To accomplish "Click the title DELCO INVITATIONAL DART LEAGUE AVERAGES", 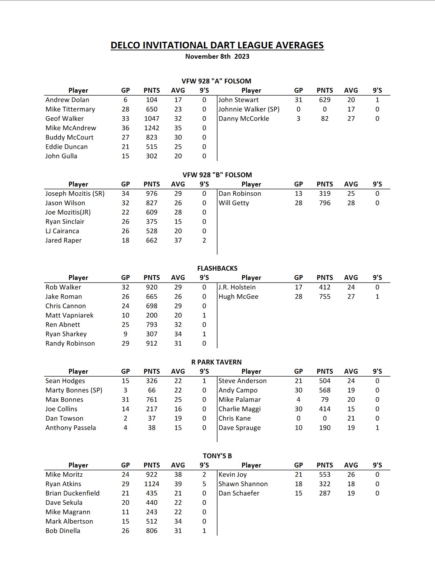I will pyautogui.click(x=217, y=45).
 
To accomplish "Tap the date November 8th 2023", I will pyautogui.click(x=217, y=56).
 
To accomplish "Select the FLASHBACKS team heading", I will pyautogui.click(x=217, y=268).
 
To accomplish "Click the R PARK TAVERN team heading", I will pyautogui.click(x=216, y=362).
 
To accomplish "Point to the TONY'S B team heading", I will pyautogui.click(x=217, y=456).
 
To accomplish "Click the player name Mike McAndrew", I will pyautogui.click(x=71, y=128).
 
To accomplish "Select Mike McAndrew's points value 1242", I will pyautogui.click(x=152, y=128).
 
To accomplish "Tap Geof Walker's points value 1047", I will pyautogui.click(x=152, y=119).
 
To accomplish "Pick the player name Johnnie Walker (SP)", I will pyautogui.click(x=249, y=109).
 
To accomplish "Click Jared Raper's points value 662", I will pyautogui.click(x=152, y=240).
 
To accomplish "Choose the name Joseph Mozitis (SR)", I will pyautogui.click(x=75, y=193).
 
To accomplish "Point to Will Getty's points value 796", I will pyautogui.click(x=325, y=203).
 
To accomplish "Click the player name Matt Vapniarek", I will pyautogui.click(x=70, y=315).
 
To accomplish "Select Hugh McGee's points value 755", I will pyautogui.click(x=325, y=297).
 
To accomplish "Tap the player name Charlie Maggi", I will pyautogui.click(x=240, y=409).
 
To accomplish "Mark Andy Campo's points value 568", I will pyautogui.click(x=325, y=390).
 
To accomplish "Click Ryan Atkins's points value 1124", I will pyautogui.click(x=152, y=484).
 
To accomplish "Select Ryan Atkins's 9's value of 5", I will pyautogui.click(x=204, y=484).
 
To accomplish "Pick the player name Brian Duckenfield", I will pyautogui.click(x=72, y=493).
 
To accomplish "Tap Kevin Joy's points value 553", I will pyautogui.click(x=325, y=474).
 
